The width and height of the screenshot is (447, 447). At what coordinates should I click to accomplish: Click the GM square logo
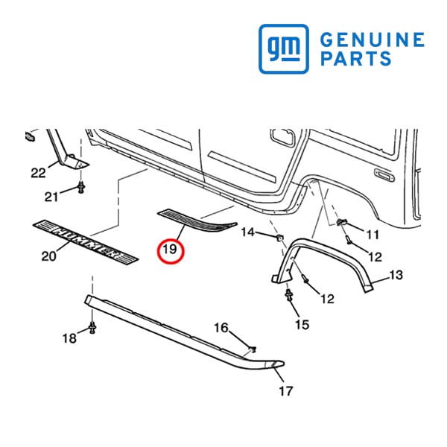284,48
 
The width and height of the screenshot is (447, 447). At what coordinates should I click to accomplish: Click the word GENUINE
372,39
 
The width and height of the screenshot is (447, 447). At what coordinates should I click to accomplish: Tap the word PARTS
356,58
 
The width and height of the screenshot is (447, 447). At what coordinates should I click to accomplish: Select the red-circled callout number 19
171,250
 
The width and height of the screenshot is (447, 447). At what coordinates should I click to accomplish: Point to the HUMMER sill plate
86,242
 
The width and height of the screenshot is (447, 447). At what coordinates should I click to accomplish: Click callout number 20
48,256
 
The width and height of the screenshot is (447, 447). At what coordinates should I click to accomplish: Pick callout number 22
38,173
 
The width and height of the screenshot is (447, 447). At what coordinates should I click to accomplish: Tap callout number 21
51,197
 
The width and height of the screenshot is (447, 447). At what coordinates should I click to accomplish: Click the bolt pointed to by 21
81,187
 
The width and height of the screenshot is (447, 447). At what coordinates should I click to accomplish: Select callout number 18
69,338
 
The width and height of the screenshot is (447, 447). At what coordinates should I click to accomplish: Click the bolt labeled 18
92,327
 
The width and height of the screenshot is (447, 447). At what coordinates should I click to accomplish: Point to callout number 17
286,390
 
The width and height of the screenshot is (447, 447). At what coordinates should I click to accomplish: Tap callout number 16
221,328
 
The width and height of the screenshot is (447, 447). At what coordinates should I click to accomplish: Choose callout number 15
302,324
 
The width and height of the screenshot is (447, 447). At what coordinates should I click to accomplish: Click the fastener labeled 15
289,294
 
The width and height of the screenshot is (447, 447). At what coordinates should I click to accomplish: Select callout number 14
248,232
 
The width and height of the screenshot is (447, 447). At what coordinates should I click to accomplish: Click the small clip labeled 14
279,237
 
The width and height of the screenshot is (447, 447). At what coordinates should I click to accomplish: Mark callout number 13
396,275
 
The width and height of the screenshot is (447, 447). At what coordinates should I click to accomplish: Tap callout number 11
372,235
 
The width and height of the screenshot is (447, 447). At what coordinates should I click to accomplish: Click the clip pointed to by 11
341,221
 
